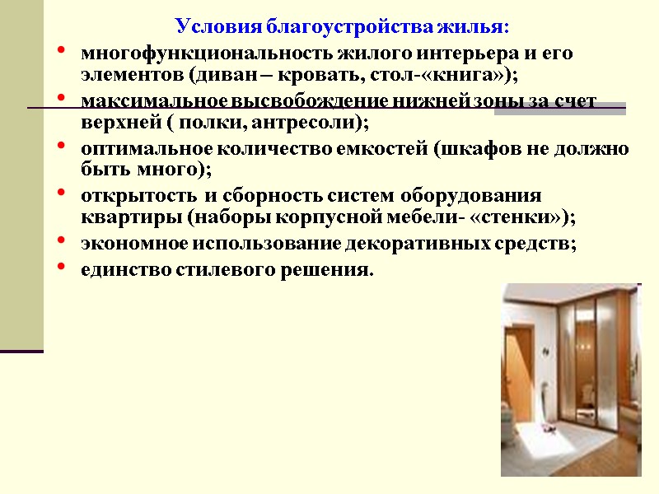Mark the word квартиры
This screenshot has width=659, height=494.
[x=121, y=218]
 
